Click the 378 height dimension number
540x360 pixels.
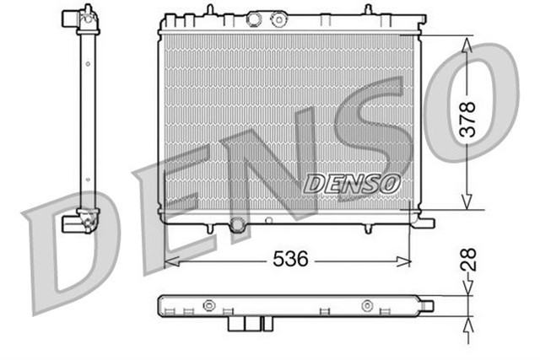click(x=470, y=120)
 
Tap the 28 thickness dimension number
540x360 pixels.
click(x=470, y=259)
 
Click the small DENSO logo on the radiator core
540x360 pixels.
click(x=352, y=181)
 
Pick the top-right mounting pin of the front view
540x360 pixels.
click(x=368, y=9)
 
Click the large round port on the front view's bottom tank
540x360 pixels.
click(x=237, y=224)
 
